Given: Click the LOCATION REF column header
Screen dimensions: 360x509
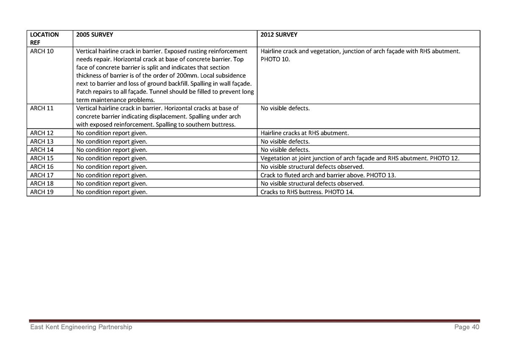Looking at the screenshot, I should (44, 39).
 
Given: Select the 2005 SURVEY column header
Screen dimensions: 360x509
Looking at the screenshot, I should (95, 35).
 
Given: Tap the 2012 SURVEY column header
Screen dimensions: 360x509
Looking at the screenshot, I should (279, 35).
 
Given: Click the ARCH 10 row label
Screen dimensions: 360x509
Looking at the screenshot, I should (42, 51).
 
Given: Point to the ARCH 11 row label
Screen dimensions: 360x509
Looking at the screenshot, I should (42, 108).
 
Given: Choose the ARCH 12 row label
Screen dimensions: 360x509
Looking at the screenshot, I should (42, 133).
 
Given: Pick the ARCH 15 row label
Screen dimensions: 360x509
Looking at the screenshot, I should (42, 158).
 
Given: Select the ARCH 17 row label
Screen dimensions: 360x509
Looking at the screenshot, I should (42, 175).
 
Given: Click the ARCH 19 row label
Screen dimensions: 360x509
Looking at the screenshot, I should (42, 192).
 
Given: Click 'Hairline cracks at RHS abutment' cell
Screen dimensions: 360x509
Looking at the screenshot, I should (305, 133).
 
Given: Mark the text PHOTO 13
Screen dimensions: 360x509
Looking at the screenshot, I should (381, 175).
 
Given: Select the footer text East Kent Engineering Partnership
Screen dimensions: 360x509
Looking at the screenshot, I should (81, 327).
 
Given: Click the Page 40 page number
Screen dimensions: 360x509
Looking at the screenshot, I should (467, 327).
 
